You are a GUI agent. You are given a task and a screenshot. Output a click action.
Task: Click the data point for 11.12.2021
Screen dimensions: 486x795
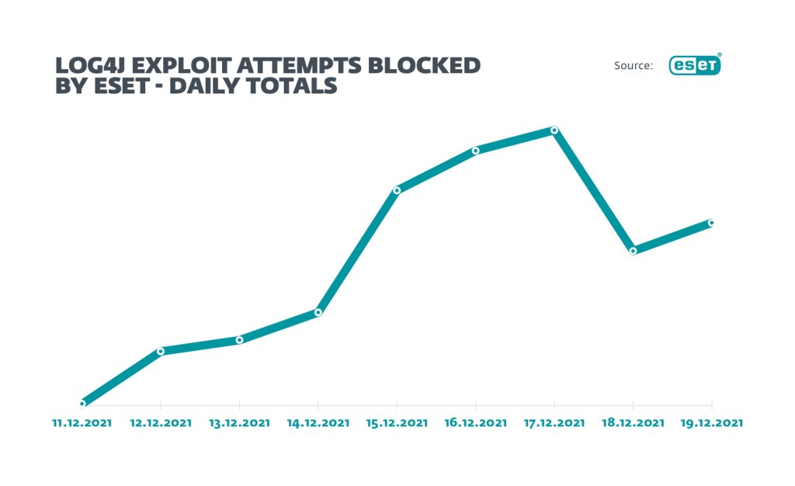[x=82, y=404]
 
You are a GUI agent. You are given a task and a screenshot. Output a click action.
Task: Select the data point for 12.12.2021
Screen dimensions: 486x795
[x=161, y=351]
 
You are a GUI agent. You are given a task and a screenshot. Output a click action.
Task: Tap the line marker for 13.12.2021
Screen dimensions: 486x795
[x=239, y=339]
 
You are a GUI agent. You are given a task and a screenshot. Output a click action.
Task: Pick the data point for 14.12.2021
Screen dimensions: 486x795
[x=318, y=312]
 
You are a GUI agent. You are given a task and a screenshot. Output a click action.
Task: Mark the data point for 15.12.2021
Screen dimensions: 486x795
[x=397, y=189]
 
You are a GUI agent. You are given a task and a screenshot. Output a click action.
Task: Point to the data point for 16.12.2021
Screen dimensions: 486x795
[x=475, y=150]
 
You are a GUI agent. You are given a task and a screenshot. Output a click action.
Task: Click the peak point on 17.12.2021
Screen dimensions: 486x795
[x=554, y=130]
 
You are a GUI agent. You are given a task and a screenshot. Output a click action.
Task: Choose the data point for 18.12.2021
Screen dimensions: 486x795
[x=634, y=251]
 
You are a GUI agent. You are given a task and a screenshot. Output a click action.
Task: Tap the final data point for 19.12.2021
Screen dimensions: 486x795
[x=711, y=223]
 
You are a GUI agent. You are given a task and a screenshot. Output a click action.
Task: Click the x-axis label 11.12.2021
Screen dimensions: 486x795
[x=82, y=423]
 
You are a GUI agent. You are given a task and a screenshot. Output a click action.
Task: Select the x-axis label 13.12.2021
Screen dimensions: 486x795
[x=239, y=423]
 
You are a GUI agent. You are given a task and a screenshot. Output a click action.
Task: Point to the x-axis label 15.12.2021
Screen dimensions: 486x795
[x=397, y=423]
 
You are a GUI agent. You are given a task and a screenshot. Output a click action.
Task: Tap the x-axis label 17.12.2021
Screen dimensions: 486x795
[x=554, y=423]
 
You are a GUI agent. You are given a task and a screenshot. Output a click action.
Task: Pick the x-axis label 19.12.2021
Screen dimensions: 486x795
[x=711, y=423]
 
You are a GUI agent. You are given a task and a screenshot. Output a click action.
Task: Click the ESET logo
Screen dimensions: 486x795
[x=695, y=66]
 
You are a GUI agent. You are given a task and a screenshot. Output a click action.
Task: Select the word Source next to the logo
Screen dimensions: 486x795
[x=633, y=66]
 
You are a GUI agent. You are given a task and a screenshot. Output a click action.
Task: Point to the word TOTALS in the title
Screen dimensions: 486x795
[x=298, y=85]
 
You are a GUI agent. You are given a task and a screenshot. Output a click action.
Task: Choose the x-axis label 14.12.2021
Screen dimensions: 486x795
[x=318, y=423]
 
